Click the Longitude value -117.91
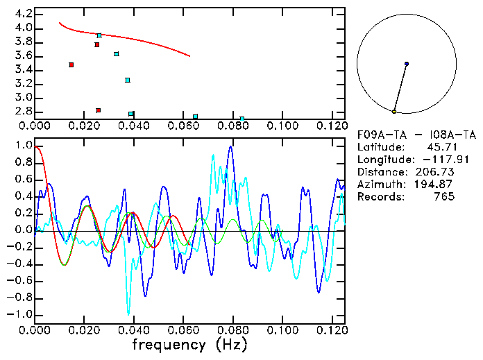coord(434,159)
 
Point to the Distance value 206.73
coord(435,171)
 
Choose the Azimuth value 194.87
coord(435,184)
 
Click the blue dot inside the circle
coord(407,64)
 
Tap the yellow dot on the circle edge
coord(394,111)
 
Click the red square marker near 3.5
coord(71,65)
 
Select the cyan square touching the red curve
coord(99,35)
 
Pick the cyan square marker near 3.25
coord(128,80)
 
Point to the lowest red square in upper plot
coord(99,110)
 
